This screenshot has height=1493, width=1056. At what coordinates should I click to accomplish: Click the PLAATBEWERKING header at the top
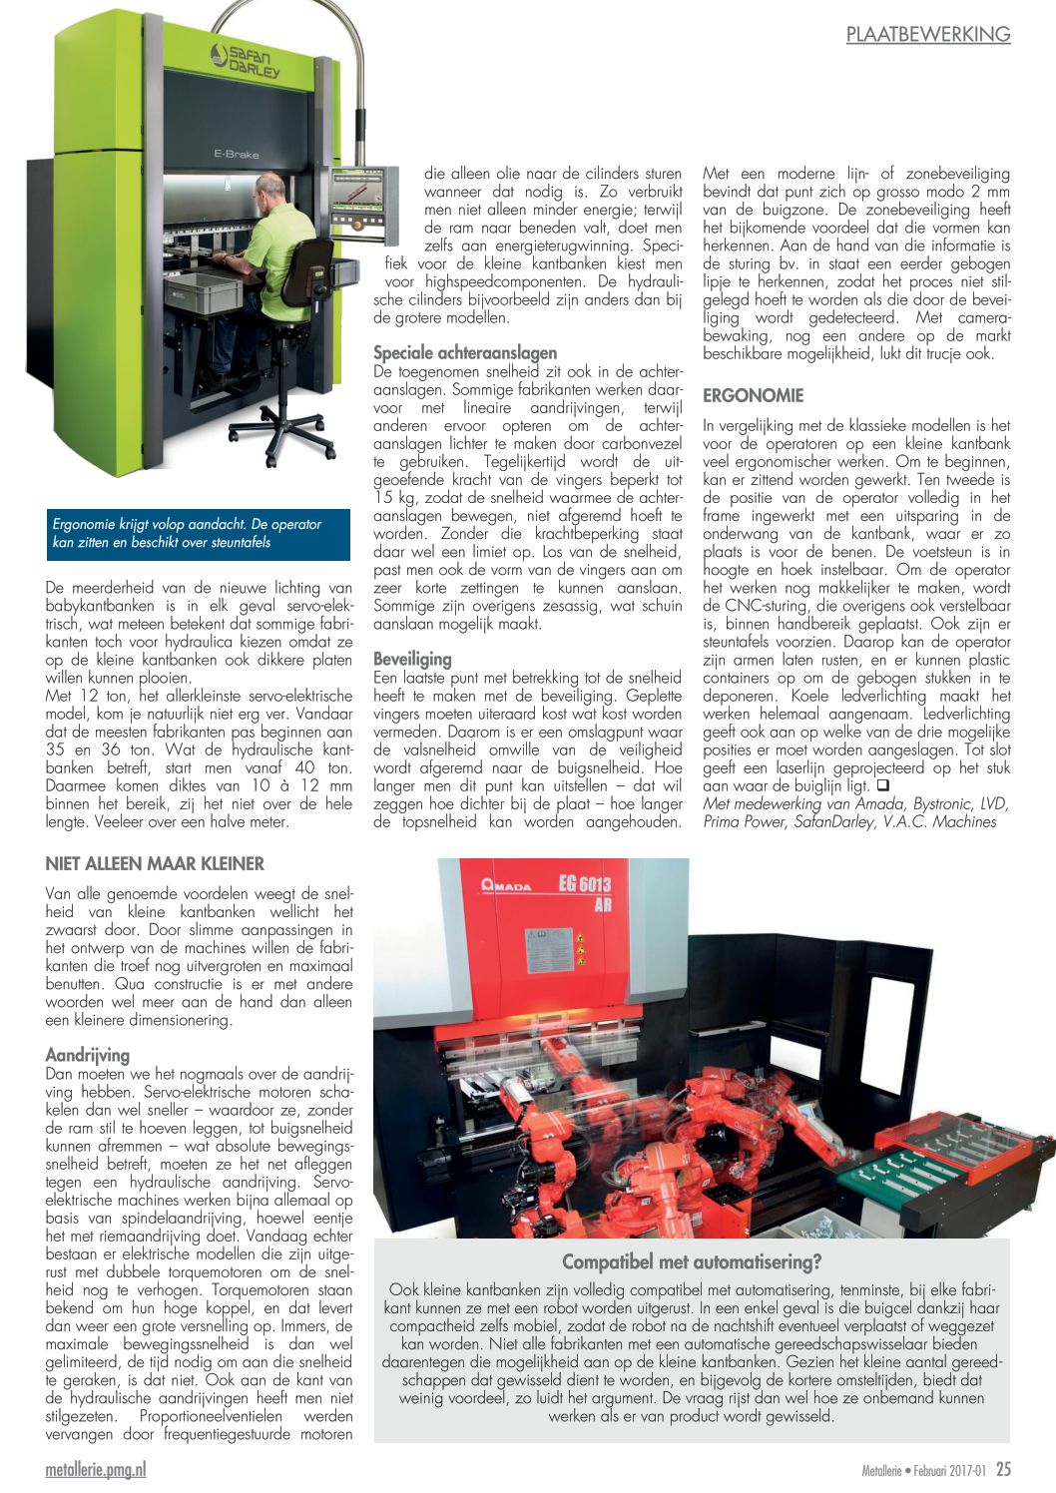point(927,34)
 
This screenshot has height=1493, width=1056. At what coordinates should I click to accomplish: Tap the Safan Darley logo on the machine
point(246,61)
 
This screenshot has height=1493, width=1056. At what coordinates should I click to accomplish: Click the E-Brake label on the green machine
point(236,155)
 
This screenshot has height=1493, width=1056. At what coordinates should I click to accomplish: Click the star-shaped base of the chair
point(281,429)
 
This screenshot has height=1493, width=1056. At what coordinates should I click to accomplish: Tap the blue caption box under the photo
point(199,534)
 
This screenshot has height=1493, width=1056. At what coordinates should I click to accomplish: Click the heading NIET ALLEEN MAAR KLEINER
point(155,863)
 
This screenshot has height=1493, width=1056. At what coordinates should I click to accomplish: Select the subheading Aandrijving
point(88,1055)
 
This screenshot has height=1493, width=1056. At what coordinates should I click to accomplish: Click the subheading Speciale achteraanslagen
point(465,352)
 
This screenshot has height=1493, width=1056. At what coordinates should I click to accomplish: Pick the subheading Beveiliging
point(412,659)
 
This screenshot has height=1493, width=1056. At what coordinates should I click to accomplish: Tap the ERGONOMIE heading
point(753,395)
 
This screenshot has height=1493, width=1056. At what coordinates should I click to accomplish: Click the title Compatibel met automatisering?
point(691,1261)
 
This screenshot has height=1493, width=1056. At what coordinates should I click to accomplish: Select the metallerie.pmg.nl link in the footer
point(96,1469)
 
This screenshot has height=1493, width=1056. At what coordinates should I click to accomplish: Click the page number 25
point(1003,1469)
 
